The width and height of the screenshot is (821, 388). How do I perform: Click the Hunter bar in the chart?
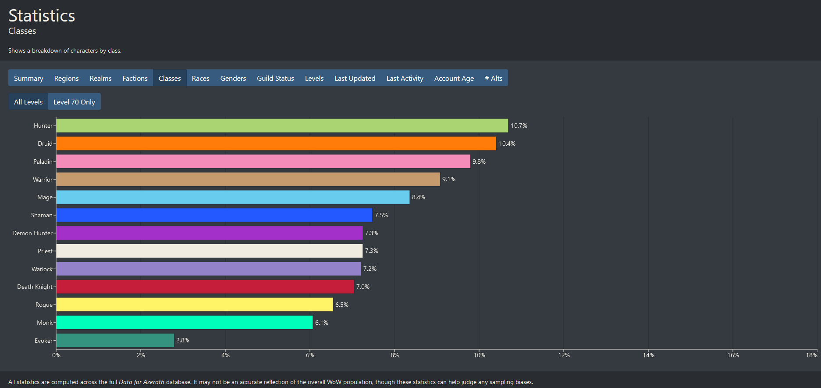(x=282, y=126)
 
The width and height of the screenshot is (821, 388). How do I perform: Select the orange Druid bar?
(x=276, y=144)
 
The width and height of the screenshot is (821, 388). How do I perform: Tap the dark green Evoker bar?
(x=115, y=341)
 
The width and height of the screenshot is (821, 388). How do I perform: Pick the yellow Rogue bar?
(x=194, y=305)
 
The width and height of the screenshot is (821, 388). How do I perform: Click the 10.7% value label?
(x=519, y=126)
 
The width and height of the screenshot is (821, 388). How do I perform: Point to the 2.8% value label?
(x=183, y=341)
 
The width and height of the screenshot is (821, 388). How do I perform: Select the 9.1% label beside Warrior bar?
(x=448, y=179)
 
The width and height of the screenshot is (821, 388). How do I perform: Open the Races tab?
(x=200, y=78)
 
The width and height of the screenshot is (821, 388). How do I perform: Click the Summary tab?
(x=28, y=78)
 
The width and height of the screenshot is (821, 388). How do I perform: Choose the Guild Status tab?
(x=275, y=78)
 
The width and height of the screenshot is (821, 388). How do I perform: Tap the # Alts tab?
(x=494, y=78)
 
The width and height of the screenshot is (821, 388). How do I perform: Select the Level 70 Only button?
(x=74, y=102)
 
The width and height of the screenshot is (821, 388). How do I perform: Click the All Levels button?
(x=28, y=102)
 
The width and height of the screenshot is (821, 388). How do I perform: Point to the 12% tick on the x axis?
(x=564, y=355)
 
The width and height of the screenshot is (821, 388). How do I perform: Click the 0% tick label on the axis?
(x=56, y=355)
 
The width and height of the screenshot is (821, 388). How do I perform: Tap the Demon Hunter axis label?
(x=32, y=233)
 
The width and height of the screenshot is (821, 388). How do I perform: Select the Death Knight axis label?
(x=35, y=287)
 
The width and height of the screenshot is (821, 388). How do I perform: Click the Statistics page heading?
(x=42, y=16)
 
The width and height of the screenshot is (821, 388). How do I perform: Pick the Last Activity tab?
(x=405, y=78)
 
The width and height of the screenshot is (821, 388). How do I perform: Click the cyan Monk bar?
(x=184, y=323)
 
